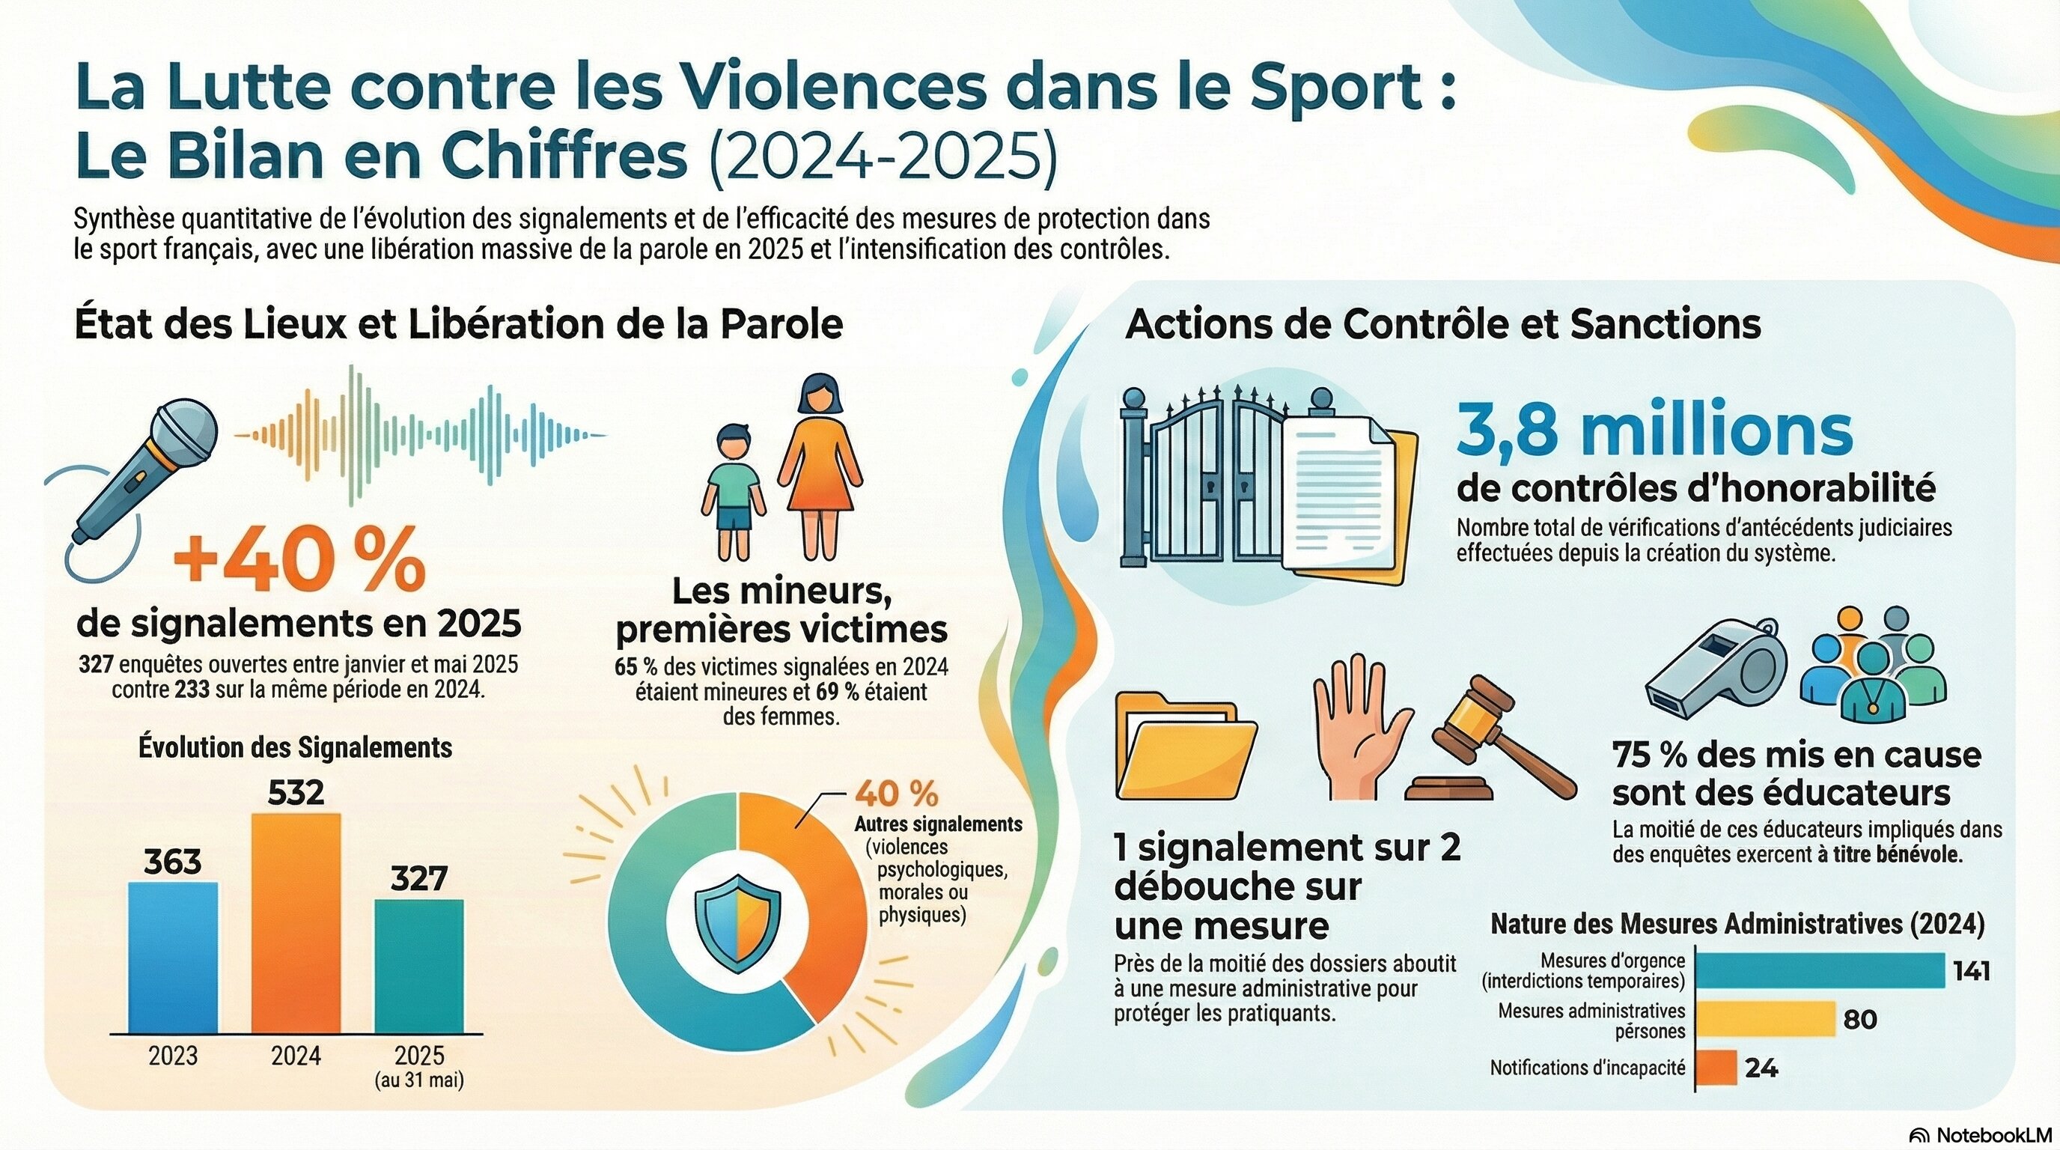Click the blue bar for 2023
pos(173,958)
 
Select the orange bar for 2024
pos(296,923)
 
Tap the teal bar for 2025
pos(419,966)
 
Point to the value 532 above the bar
pos(296,793)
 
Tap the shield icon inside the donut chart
pos(737,922)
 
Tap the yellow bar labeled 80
pos(1764,1019)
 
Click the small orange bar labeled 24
pos(1716,1068)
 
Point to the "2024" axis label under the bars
pos(296,1056)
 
